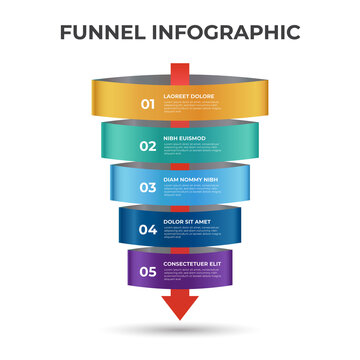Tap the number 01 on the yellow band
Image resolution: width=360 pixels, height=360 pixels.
[148, 103]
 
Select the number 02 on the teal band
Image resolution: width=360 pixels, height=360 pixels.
[148, 146]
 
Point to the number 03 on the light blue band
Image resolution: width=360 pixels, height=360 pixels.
[148, 187]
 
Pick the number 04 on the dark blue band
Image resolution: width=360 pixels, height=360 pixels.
[148, 229]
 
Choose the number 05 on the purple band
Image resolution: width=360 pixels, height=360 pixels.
[148, 270]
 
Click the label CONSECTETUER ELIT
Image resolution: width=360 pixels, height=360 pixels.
[192, 263]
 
